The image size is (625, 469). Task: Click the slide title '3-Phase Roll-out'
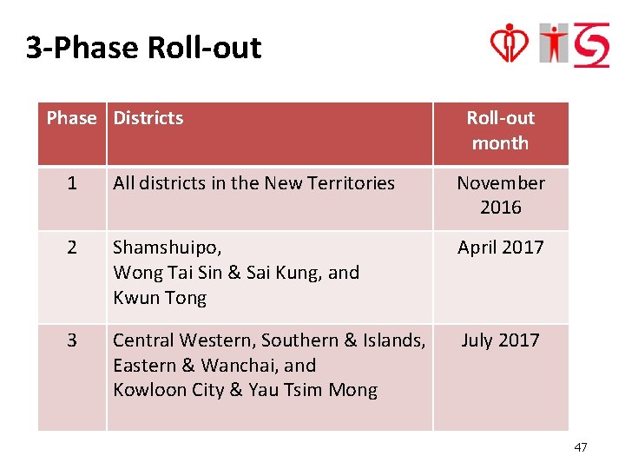[x=143, y=47]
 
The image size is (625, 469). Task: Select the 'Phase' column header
[x=71, y=118]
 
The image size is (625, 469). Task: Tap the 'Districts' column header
[x=148, y=118]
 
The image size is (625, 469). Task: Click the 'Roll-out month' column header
[x=500, y=130]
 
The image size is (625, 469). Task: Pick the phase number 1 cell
[x=71, y=183]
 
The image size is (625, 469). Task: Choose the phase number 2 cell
[x=71, y=248]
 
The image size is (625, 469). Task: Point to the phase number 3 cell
[x=71, y=340]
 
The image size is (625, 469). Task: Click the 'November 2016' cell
[x=501, y=195]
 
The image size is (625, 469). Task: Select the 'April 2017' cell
[x=501, y=248]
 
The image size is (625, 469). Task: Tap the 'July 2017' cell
[x=500, y=340]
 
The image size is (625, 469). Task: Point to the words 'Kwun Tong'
[x=160, y=298]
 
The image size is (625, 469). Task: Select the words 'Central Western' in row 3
[x=183, y=340]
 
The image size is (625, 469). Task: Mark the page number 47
[x=581, y=447]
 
